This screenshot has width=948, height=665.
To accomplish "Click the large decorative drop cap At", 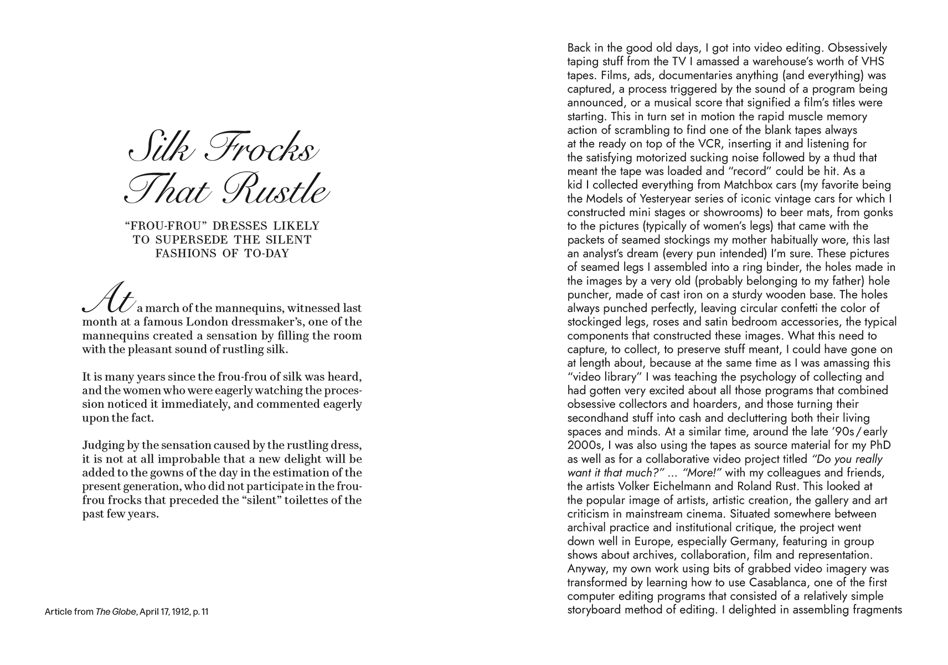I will click(x=109, y=299).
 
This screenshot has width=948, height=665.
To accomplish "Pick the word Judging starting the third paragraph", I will click(x=104, y=446).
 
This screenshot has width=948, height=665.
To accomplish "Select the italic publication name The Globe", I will click(x=116, y=612).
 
